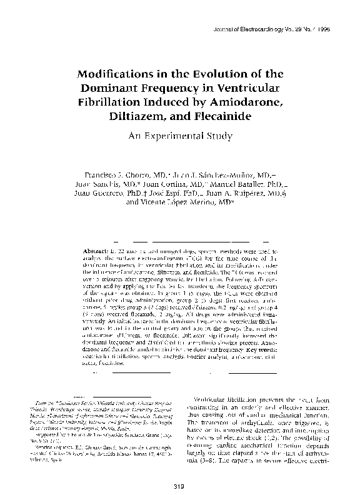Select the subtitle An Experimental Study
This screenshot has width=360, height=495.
[x=180, y=136]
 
